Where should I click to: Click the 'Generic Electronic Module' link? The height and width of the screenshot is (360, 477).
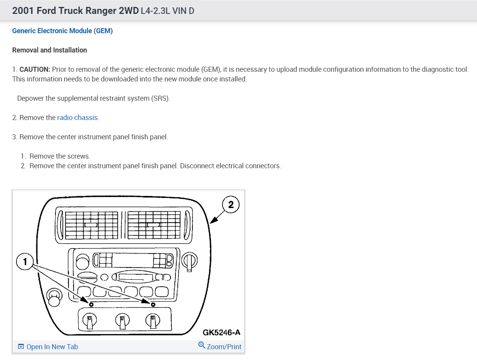(52, 31)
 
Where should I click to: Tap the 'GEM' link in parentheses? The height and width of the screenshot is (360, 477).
(103, 31)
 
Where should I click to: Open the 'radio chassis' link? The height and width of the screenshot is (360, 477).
(78, 118)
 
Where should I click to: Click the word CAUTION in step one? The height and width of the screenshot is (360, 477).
(35, 69)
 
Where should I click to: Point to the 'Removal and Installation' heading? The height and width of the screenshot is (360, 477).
(50, 50)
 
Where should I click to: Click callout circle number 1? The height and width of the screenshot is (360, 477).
(25, 262)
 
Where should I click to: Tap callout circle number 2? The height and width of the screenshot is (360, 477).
(231, 205)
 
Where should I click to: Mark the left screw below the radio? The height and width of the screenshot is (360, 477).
(91, 304)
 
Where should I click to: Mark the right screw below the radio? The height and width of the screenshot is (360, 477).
(153, 304)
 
